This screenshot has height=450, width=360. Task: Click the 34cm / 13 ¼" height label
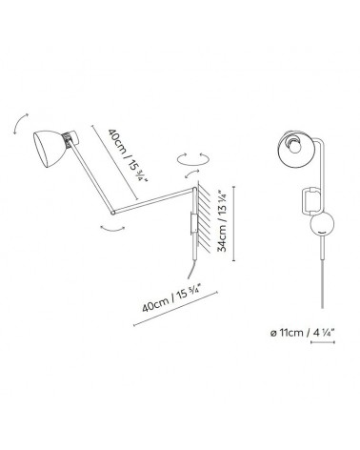coord(225,222)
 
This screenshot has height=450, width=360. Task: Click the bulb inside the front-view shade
coord(299,145)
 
